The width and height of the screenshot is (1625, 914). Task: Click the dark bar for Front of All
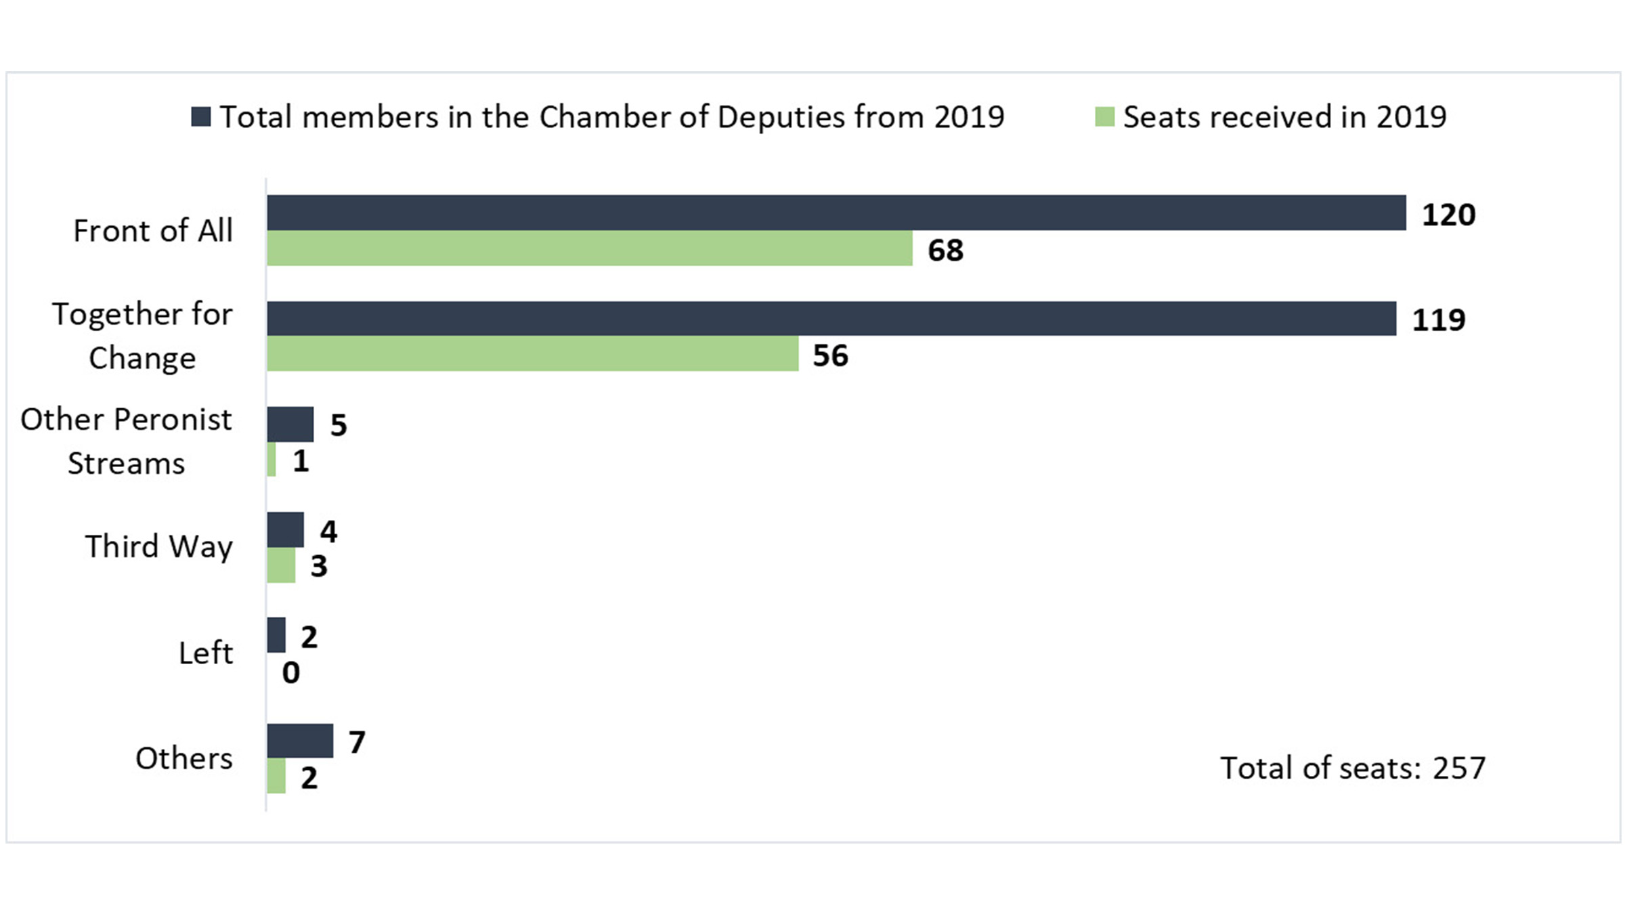836,213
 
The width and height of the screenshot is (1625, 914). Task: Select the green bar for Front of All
589,248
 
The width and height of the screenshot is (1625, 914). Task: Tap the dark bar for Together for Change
831,318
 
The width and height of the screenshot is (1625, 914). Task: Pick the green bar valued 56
532,354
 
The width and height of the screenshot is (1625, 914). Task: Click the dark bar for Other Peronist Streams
290,425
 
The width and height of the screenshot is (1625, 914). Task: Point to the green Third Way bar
281,565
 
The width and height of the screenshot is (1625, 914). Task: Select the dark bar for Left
276,635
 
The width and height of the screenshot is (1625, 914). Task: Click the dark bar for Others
299,741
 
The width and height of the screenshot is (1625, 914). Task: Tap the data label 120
1448,215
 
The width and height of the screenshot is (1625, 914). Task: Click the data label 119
1438,320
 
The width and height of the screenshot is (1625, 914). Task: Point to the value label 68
945,251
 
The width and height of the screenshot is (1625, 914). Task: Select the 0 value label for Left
290,673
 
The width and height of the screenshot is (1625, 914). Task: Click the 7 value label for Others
357,743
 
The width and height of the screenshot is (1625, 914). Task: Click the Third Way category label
158,546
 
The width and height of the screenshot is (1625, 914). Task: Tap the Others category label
183,758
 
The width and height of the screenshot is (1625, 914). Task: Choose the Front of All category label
152,231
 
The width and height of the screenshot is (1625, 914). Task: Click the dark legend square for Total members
201,116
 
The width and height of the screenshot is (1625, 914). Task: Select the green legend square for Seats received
1104,116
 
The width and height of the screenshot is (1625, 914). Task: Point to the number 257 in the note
1458,768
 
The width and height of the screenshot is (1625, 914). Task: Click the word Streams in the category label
126,464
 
